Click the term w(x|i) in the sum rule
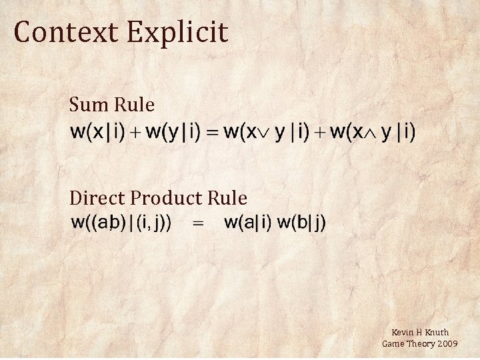pyautogui.click(x=97, y=132)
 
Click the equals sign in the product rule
pyautogui.click(x=198, y=224)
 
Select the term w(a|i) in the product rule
pyautogui.click(x=248, y=223)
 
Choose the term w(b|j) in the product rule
pyautogui.click(x=301, y=223)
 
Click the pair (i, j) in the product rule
pyautogui.click(x=155, y=223)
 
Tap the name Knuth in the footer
pyautogui.click(x=437, y=332)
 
